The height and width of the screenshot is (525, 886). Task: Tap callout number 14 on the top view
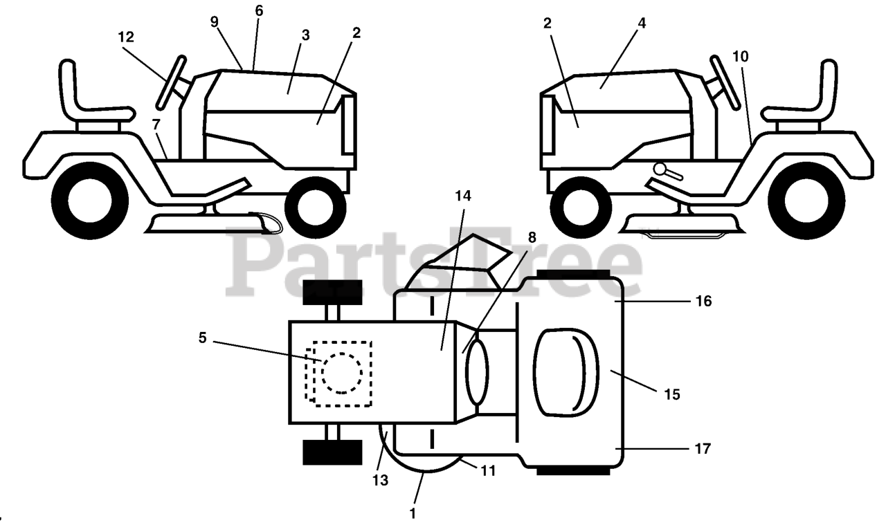463,196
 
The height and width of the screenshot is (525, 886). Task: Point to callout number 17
703,448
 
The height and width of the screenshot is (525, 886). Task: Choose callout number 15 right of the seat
671,394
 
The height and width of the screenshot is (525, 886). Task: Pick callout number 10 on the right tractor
740,56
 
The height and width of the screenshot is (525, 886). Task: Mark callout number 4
642,23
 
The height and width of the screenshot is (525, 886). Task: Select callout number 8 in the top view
531,237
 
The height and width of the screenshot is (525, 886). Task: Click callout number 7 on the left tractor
156,125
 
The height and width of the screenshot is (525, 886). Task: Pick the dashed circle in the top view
341,373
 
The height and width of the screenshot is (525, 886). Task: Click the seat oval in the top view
566,372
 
